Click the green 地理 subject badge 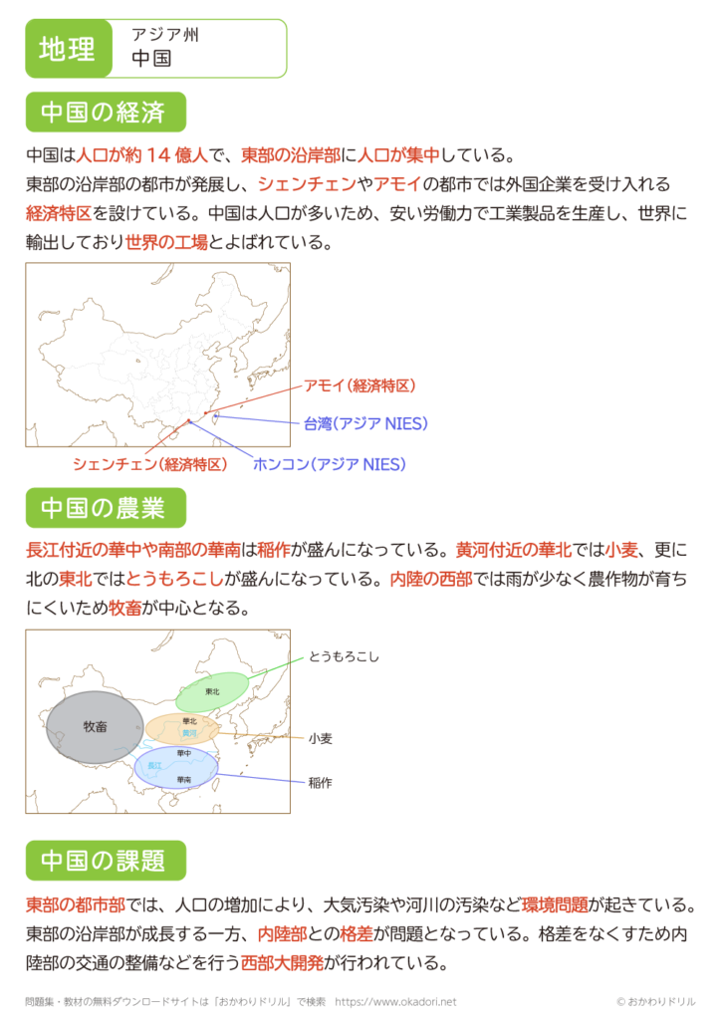click(x=68, y=49)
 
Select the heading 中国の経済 click(x=106, y=113)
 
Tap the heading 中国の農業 click(x=106, y=508)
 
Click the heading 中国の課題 click(x=106, y=859)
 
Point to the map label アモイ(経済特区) click(x=360, y=386)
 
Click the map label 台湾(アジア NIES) click(x=366, y=423)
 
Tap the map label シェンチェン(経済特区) click(x=150, y=464)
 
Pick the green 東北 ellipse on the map click(x=213, y=692)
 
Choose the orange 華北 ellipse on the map click(x=186, y=728)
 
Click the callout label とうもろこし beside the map click(x=344, y=656)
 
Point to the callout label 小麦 click(x=320, y=738)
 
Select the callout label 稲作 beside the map click(x=320, y=783)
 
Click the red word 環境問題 click(x=555, y=905)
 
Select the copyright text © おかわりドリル click(x=655, y=1002)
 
